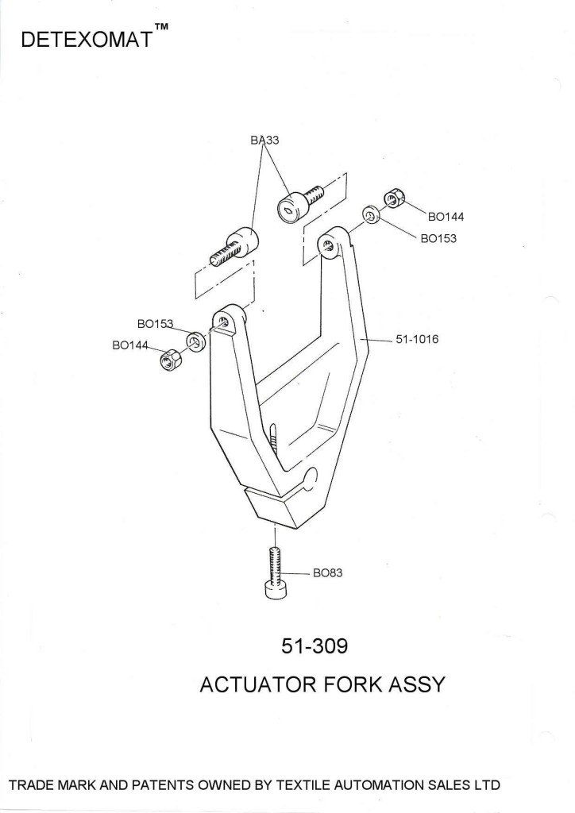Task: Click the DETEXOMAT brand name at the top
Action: coord(87,40)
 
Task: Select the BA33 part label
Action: coord(264,140)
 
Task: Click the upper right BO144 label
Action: coord(446,216)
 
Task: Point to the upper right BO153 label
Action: coord(438,237)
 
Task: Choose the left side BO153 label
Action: coord(156,324)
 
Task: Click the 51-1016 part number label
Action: coord(417,339)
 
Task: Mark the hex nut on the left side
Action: coord(168,362)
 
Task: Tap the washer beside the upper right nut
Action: coord(370,215)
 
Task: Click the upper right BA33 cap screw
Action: coord(300,202)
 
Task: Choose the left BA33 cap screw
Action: coord(235,247)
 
